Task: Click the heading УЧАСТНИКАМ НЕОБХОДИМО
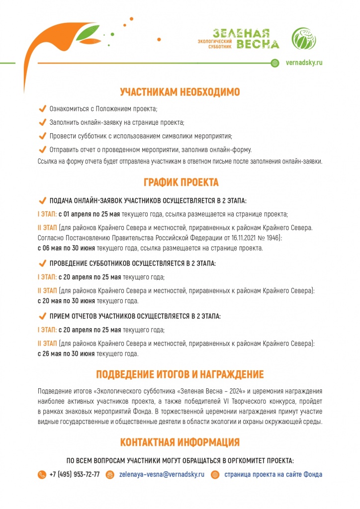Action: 180,92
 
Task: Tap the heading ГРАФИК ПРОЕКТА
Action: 180,182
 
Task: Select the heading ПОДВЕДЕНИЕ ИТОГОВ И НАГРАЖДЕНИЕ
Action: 180,374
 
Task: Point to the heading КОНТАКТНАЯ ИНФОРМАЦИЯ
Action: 180,442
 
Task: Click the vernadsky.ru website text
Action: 305,63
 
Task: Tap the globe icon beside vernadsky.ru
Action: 275,63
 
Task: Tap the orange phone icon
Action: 42,475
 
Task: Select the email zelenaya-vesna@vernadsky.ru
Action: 162,474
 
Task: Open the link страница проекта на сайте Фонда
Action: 273,474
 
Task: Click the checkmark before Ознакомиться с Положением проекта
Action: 42,108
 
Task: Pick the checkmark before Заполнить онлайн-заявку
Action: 42,122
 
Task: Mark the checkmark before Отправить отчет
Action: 42,149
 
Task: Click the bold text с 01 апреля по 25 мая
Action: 90,214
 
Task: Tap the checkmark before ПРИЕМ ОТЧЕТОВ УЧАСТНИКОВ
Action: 42,316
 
